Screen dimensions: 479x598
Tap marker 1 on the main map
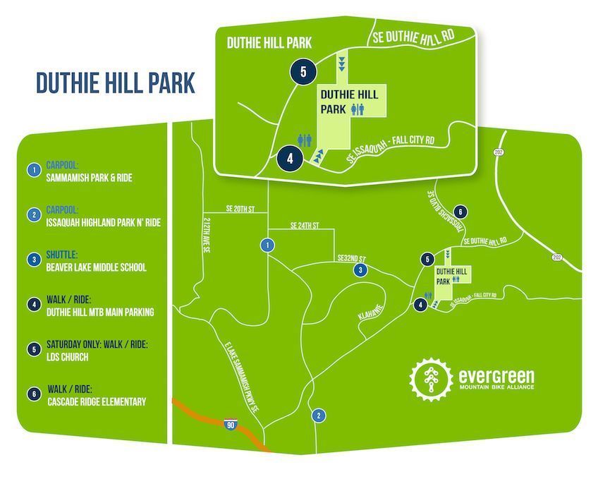pos(267,245)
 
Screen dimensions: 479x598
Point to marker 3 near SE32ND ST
pos(360,270)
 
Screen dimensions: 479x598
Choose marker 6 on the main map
pos(459,212)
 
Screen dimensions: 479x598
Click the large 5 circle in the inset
pos(303,71)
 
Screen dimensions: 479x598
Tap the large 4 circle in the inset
pos(289,158)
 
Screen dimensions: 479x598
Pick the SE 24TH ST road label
pos(305,226)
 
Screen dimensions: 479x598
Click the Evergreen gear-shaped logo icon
pos(429,377)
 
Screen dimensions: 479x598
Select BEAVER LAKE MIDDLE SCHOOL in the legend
pos(96,267)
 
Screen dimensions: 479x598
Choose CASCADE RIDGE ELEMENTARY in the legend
pos(96,401)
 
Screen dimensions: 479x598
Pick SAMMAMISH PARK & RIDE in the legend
pos(89,178)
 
